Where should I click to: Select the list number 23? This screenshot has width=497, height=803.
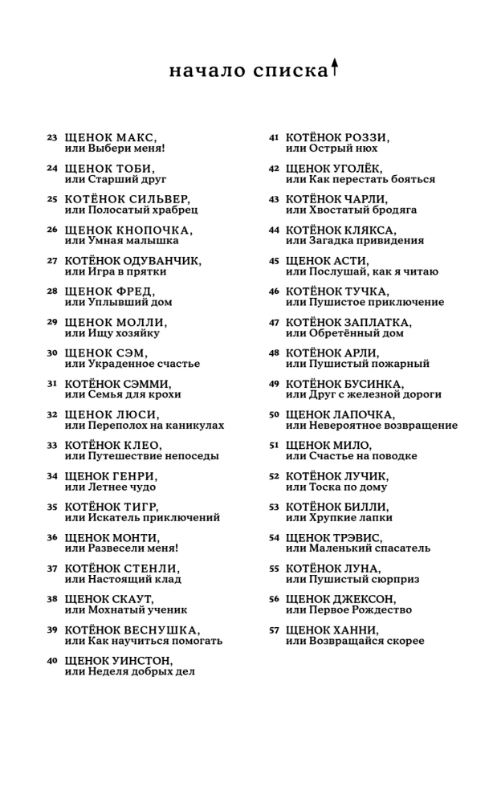[x=52, y=137]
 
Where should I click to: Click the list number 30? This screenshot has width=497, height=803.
[x=52, y=353]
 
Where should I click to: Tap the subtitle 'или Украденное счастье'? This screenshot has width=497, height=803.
[x=132, y=364]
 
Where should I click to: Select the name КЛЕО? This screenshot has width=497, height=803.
[x=140, y=445]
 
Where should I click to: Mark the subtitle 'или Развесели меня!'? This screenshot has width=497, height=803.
[x=121, y=548]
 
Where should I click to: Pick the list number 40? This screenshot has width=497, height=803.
[x=52, y=660]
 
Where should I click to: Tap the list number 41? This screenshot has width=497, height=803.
[x=274, y=137]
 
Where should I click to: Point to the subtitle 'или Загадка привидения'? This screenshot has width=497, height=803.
[x=355, y=240]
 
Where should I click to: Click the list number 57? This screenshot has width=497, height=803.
[x=274, y=630]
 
